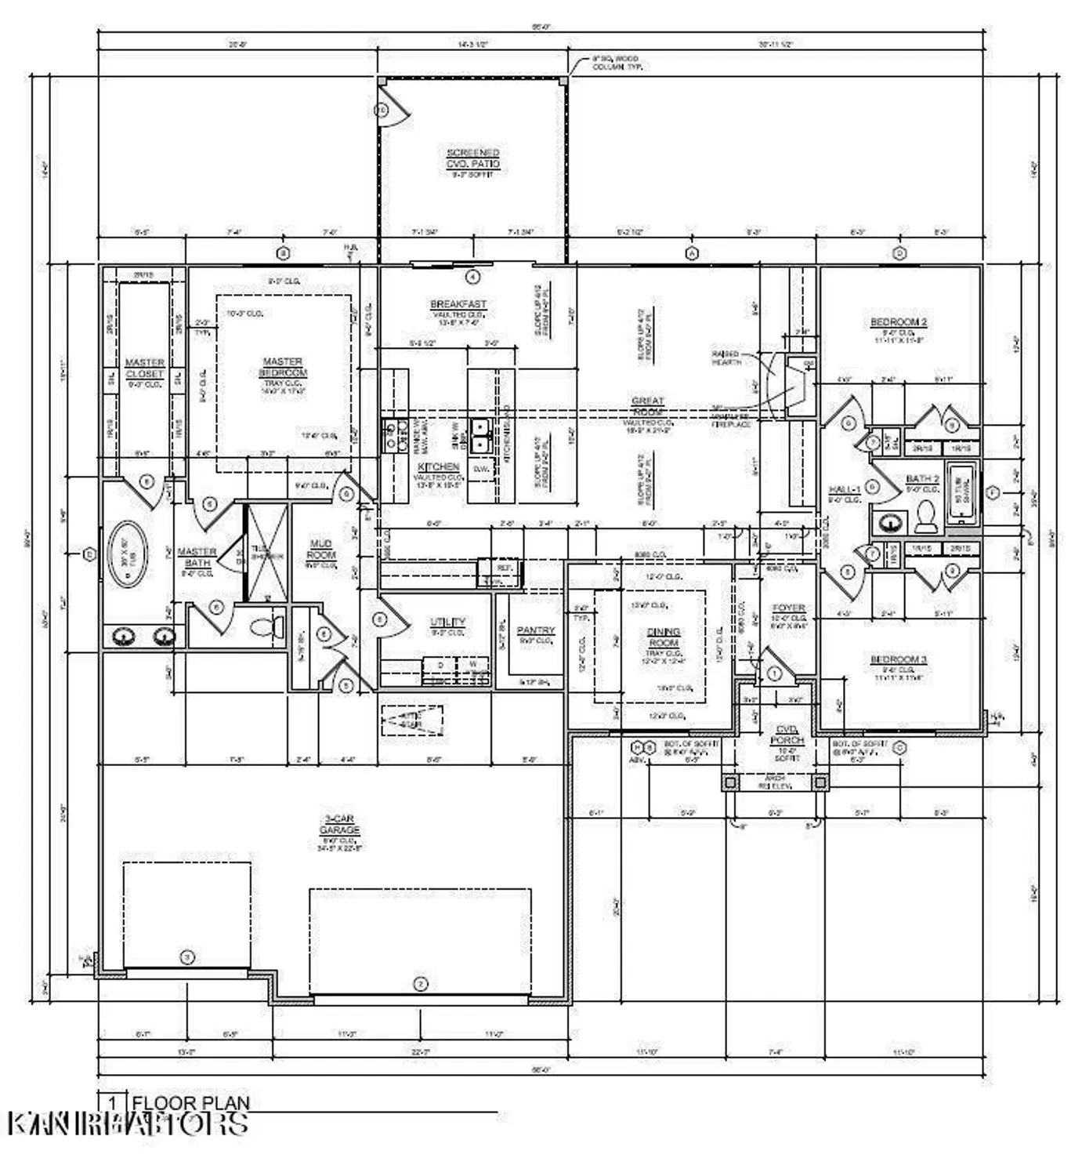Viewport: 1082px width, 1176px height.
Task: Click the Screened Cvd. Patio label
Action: [472, 158]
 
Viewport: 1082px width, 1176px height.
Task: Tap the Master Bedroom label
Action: [283, 368]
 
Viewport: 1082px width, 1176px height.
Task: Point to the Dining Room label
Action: [663, 637]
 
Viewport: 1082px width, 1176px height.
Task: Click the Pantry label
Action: [535, 630]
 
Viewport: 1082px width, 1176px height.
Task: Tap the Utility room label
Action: [447, 622]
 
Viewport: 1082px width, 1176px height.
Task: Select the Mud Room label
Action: [320, 549]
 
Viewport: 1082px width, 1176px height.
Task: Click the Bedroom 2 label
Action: [899, 322]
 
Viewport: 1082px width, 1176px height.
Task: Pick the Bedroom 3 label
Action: [899, 659]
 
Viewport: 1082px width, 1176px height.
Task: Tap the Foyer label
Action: [787, 608]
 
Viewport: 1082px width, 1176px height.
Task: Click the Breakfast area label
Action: [458, 304]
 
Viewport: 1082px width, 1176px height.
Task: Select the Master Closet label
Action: [145, 368]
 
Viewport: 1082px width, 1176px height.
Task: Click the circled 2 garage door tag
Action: [420, 983]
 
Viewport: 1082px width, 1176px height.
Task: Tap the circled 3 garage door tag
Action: [186, 956]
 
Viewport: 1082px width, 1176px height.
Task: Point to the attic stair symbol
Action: [412, 720]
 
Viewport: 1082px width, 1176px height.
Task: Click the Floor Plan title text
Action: [190, 1103]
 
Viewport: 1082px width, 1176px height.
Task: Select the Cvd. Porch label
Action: [787, 735]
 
